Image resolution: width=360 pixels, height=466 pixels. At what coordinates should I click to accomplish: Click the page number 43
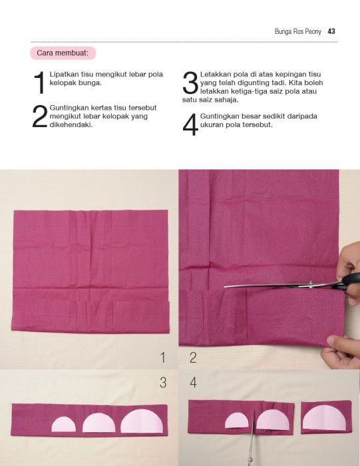[331, 31]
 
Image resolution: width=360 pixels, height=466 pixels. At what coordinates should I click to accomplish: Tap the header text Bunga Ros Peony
[298, 31]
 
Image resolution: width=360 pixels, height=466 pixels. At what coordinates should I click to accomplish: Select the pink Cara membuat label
[63, 53]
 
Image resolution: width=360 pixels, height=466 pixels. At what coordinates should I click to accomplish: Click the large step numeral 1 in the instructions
[39, 83]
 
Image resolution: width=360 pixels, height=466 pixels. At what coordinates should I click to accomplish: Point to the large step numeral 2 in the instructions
[39, 116]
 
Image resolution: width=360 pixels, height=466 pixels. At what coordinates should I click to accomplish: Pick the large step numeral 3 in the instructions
[190, 83]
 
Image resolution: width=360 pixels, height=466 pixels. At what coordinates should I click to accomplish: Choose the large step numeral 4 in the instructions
[190, 124]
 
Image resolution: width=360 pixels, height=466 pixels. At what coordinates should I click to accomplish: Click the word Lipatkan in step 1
[64, 75]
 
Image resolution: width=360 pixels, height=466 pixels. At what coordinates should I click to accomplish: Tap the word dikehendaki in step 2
[71, 125]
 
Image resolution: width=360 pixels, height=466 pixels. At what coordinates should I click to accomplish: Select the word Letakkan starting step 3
[214, 75]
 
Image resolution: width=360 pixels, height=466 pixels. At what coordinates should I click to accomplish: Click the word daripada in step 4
[302, 116]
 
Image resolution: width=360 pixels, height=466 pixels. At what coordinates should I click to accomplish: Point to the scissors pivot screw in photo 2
[311, 284]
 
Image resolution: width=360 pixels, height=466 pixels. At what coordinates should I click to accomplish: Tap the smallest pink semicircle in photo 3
[64, 424]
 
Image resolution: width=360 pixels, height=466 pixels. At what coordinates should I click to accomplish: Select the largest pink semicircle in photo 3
[142, 421]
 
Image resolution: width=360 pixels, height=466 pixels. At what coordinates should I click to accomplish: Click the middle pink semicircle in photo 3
[98, 422]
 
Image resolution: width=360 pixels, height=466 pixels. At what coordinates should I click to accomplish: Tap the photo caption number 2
[193, 357]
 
